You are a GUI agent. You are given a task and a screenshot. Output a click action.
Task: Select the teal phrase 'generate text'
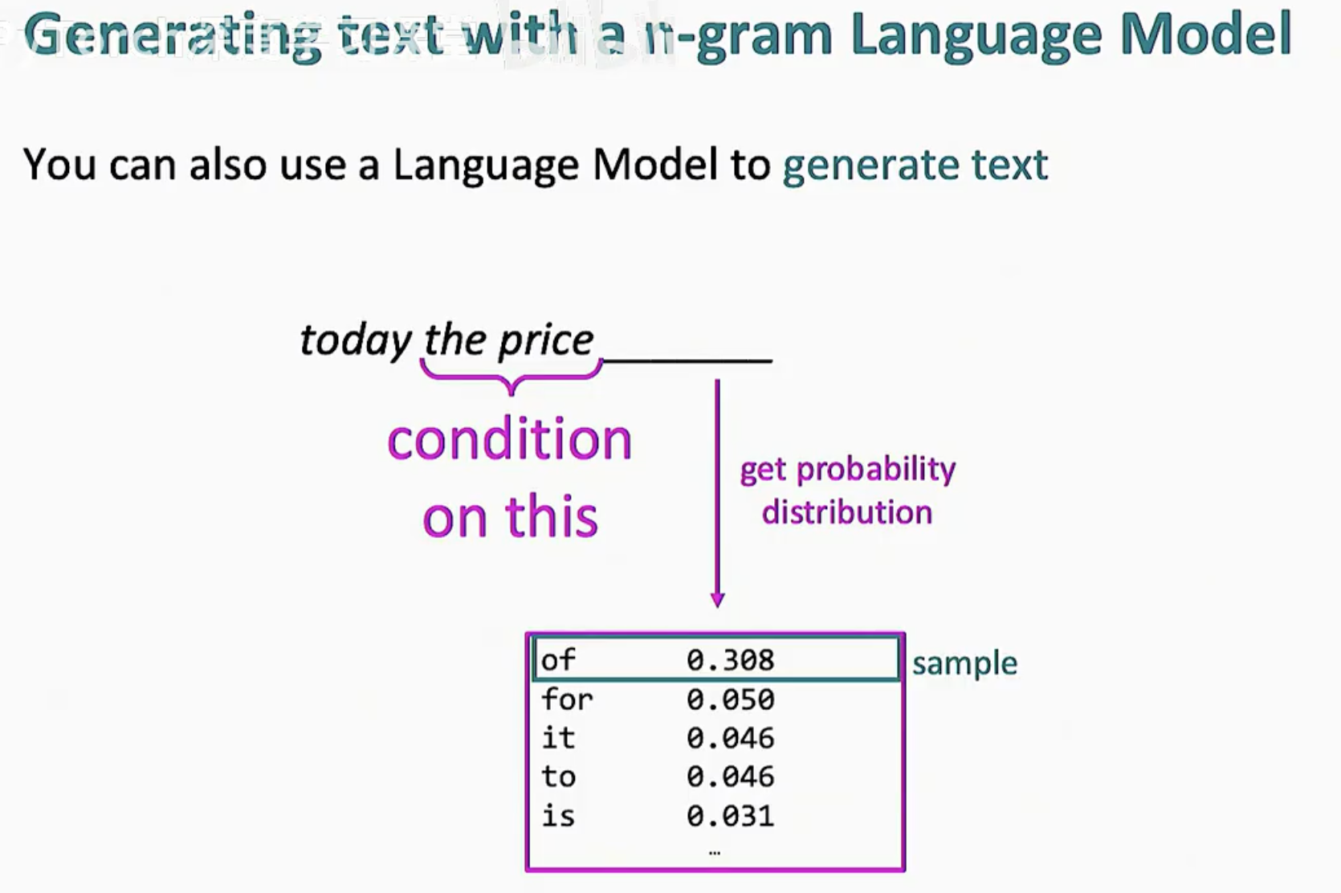click(915, 165)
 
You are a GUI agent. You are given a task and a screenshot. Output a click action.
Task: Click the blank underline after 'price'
click(687, 361)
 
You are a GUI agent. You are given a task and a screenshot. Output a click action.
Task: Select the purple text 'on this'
click(510, 516)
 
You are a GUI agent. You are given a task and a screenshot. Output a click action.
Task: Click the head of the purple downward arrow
click(717, 601)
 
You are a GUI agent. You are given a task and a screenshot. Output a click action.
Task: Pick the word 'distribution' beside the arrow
click(847, 512)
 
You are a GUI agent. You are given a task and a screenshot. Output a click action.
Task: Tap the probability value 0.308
click(731, 660)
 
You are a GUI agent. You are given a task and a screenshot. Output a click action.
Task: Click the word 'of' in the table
click(558, 659)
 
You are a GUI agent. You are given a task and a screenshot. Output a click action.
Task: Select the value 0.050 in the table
click(731, 699)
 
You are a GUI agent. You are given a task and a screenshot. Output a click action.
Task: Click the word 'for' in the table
click(567, 699)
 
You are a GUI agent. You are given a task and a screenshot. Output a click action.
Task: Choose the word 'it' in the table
click(558, 737)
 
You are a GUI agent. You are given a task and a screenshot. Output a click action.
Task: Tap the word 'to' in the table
click(559, 777)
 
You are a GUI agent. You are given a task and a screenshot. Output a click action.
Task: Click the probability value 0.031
click(731, 816)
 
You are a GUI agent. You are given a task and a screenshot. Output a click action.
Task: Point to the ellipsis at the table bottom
click(714, 853)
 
